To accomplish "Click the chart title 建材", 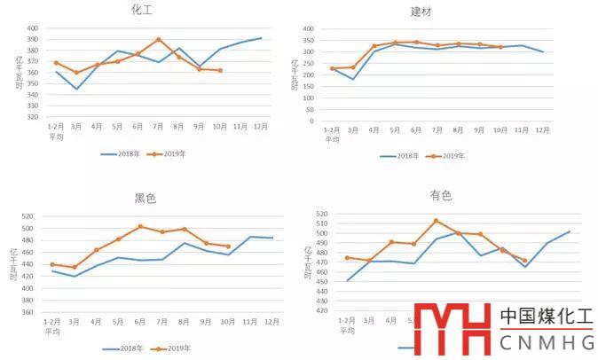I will pos(421,12).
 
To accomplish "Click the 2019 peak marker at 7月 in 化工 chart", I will pos(158,39).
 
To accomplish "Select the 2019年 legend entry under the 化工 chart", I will pos(173,153).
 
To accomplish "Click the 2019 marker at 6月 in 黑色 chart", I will pos(139,226).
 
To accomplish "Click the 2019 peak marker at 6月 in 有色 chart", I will pos(436,221).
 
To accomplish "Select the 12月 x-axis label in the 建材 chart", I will pos(542,130).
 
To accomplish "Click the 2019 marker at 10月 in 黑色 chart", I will pos(228,247).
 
